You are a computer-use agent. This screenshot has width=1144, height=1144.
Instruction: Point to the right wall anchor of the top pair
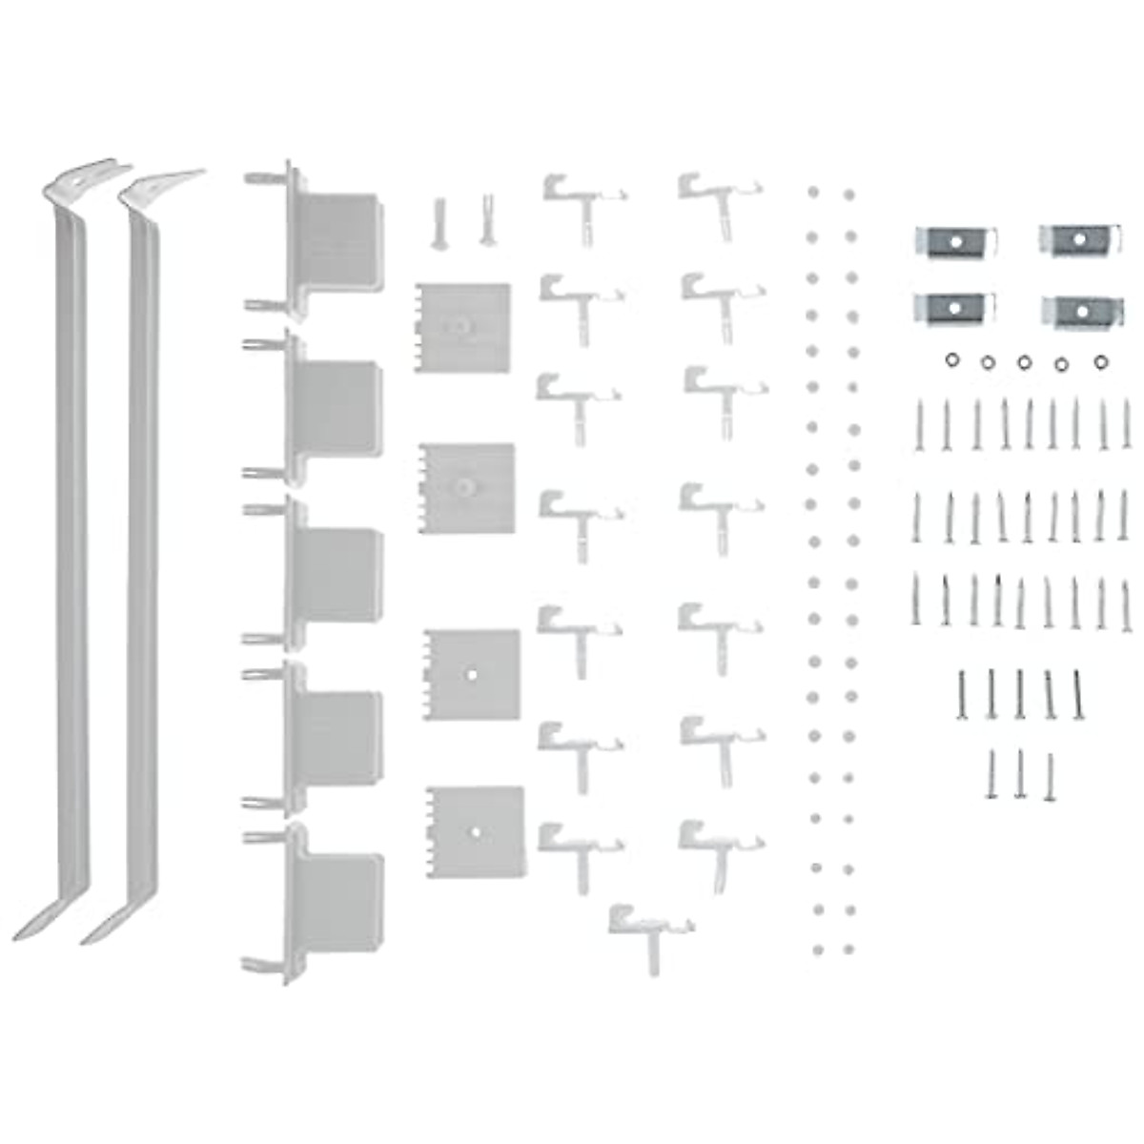click(487, 219)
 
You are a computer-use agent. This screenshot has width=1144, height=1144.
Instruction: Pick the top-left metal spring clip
click(956, 241)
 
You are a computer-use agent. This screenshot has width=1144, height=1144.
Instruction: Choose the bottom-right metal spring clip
click(1080, 310)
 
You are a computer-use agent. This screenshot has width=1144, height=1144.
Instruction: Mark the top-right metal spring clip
click(1078, 239)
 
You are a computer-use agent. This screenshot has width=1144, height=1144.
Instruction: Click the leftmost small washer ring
click(950, 359)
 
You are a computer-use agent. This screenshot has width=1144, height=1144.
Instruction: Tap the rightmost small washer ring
click(1101, 361)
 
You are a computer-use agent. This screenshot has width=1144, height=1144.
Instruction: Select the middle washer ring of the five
click(1024, 361)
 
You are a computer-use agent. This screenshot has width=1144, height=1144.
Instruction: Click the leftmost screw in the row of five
click(962, 693)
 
